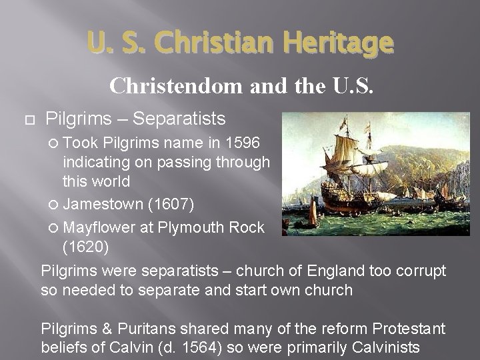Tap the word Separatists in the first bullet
[179, 119]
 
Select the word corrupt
[421, 272]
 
